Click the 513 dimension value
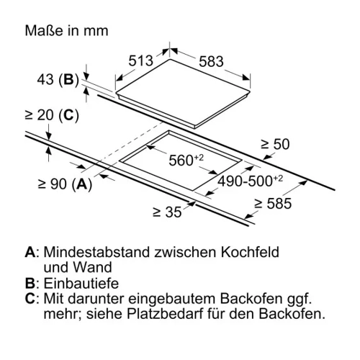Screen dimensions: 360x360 point(140,60)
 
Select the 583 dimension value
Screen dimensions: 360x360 point(211,61)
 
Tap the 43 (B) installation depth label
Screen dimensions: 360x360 point(58,79)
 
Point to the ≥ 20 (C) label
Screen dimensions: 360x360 point(52,115)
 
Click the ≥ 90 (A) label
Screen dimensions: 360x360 point(65,184)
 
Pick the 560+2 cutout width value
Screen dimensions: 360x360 point(186,160)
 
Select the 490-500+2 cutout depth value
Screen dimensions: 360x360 point(251,181)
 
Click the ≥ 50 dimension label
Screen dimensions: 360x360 point(275,144)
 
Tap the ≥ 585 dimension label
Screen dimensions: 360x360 point(273,204)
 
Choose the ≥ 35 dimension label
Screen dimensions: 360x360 point(167,212)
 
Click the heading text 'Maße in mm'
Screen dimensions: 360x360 point(67,31)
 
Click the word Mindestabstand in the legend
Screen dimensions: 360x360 point(96,252)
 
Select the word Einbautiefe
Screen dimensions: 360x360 point(81,283)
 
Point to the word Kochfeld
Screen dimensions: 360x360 point(250,252)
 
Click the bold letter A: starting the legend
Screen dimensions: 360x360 point(32,252)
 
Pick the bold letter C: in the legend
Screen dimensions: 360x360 point(32,299)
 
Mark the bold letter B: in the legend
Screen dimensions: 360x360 point(32,284)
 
